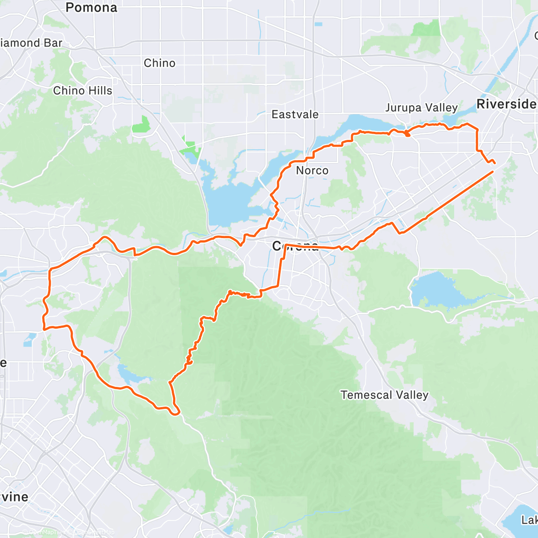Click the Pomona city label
click(x=91, y=8)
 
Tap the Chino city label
click(x=160, y=63)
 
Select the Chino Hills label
click(x=82, y=91)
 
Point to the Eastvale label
click(x=295, y=115)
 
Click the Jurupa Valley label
click(x=421, y=108)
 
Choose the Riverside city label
click(x=506, y=104)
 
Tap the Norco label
click(x=312, y=171)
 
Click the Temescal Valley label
click(x=384, y=395)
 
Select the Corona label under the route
click(x=295, y=246)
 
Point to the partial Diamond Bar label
click(x=31, y=43)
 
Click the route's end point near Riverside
click(x=494, y=163)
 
